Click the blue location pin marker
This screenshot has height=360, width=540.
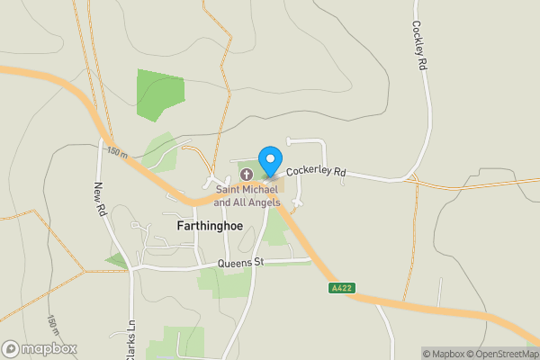coord(269,161)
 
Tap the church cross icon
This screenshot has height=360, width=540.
coord(246,173)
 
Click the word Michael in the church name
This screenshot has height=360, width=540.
coord(269,189)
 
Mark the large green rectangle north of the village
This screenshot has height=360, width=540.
coord(160,94)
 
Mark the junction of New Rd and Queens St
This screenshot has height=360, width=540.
coord(131,267)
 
